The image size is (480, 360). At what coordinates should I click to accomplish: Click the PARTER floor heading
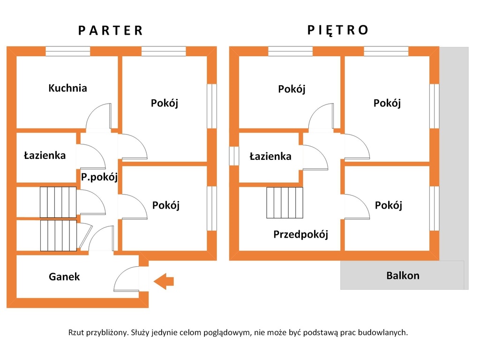tap(111, 30)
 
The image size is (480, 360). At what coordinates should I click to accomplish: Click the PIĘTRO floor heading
tap(338, 30)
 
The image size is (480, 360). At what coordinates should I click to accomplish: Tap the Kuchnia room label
tap(67, 88)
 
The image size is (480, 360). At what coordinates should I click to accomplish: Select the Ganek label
tap(64, 277)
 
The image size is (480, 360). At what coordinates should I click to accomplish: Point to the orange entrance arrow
tap(164, 281)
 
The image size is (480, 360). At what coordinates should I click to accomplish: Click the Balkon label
tap(403, 276)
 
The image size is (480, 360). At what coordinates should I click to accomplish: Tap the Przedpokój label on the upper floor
tap(300, 234)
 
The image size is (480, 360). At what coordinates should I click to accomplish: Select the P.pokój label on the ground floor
tap(99, 177)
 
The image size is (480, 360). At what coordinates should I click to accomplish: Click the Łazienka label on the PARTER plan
tap(45, 156)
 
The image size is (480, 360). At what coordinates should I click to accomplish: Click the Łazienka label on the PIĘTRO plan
tap(270, 157)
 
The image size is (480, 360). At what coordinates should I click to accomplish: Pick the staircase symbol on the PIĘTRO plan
tap(285, 202)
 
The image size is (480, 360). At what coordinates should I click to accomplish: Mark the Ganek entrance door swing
tap(127, 278)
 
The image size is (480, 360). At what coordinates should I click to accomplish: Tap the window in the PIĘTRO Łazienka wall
tap(234, 156)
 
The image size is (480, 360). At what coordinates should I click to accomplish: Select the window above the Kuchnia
tap(68, 51)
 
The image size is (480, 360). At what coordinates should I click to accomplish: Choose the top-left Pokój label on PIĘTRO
tap(292, 89)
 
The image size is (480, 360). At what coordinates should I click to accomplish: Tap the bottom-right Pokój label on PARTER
tap(166, 205)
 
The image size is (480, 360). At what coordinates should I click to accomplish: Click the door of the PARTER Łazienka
tap(91, 156)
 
